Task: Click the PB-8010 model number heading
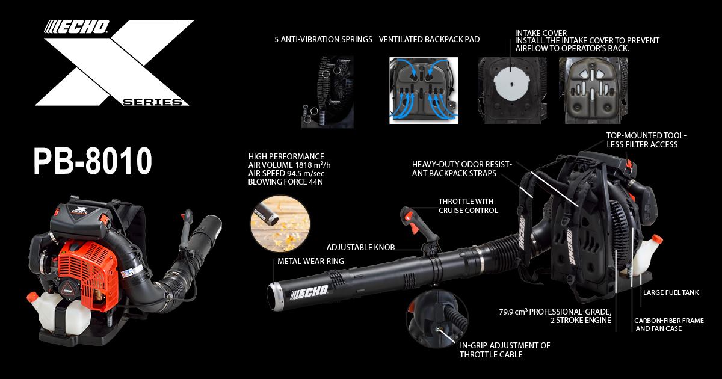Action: click(93, 161)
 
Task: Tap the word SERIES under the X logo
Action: click(152, 102)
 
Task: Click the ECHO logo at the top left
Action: click(77, 27)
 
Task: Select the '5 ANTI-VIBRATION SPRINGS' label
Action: click(323, 39)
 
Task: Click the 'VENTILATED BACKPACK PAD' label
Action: click(430, 39)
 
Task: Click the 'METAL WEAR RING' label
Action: click(310, 261)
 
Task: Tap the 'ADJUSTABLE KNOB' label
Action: click(360, 247)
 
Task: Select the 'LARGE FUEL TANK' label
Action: click(671, 292)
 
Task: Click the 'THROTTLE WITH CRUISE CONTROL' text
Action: click(468, 206)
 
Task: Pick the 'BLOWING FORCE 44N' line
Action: click(286, 182)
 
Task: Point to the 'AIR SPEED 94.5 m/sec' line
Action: click(286, 174)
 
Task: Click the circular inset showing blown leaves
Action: click(280, 224)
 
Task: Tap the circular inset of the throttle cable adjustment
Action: click(437, 319)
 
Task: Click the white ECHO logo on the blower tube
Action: click(309, 292)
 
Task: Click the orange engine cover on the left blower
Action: click(88, 274)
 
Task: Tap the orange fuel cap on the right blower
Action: click(656, 240)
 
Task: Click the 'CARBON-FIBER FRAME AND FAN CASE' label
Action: click(669, 325)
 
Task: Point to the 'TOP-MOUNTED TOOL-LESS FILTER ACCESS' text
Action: click(646, 140)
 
